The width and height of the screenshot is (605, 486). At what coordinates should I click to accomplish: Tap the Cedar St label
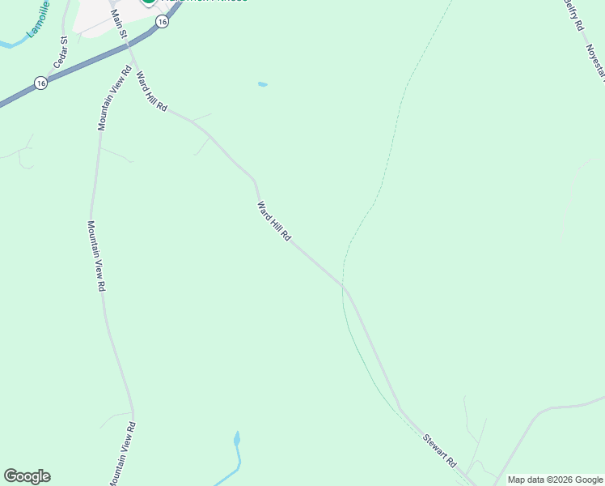coord(60,53)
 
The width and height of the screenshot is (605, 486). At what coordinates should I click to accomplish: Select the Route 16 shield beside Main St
coord(163,23)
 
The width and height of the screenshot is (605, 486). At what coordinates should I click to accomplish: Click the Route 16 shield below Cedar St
coord(40,83)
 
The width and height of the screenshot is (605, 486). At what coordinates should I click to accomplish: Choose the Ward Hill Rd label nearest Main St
coord(151,92)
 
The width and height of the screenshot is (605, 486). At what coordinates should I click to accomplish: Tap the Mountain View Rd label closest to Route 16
coord(114,98)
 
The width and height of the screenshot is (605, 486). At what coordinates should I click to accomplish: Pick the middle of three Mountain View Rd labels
coord(97,256)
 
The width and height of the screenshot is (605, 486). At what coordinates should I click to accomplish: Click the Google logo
coord(27,476)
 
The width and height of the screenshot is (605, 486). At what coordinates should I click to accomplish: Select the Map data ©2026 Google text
coord(556,480)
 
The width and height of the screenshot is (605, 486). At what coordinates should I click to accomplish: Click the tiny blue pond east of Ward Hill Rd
coord(262,84)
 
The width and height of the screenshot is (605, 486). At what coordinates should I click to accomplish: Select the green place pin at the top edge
coord(148,2)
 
